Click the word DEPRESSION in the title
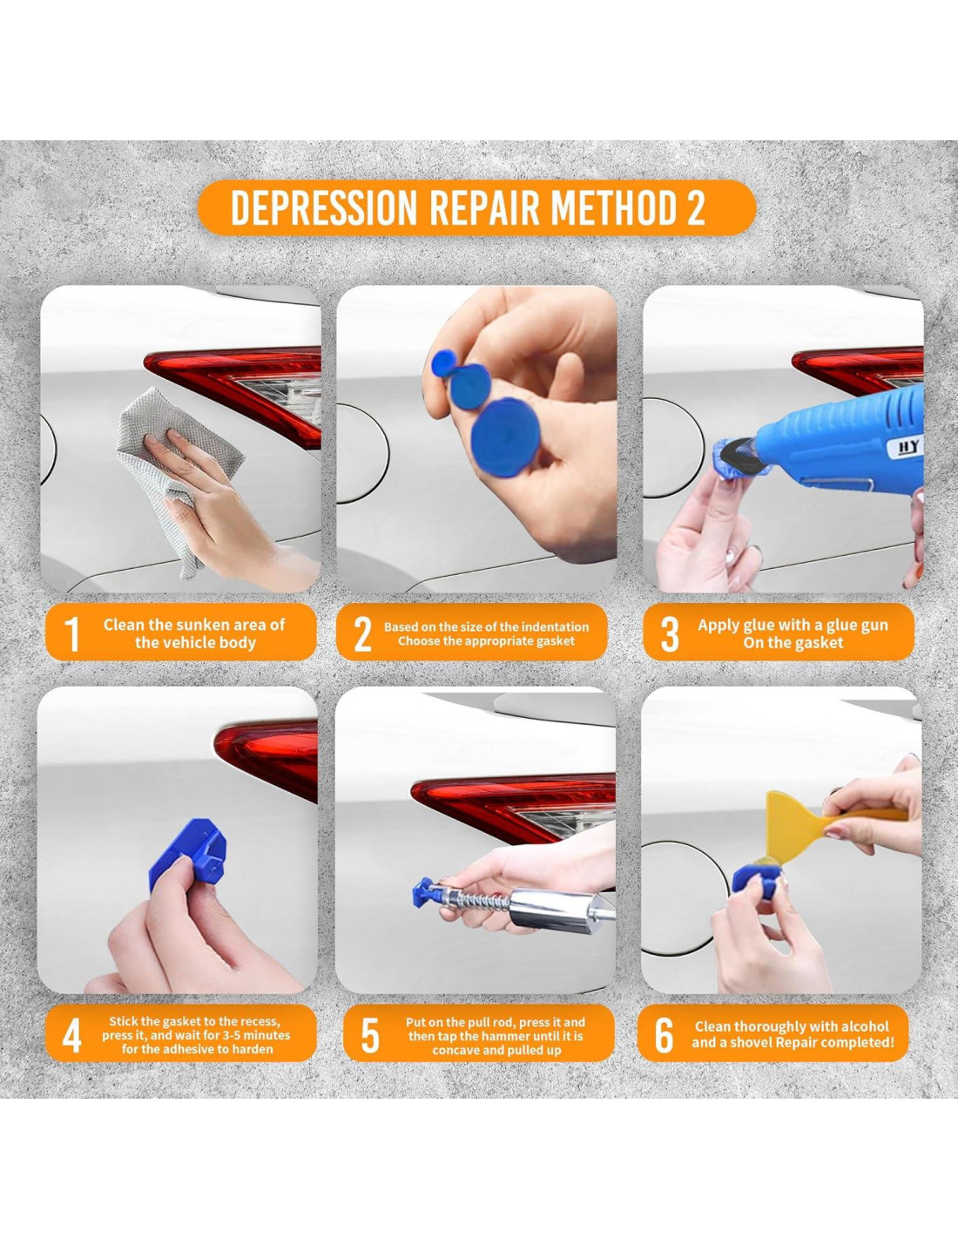click(324, 208)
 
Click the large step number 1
click(71, 633)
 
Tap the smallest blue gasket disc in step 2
click(443, 363)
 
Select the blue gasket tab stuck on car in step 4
click(189, 856)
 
